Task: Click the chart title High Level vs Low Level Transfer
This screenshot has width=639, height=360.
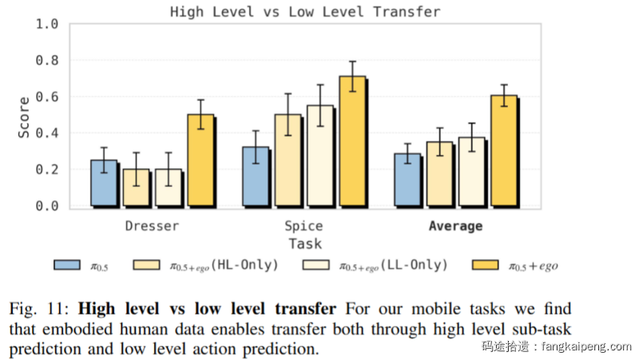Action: [305, 12]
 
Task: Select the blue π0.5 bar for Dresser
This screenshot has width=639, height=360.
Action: [103, 183]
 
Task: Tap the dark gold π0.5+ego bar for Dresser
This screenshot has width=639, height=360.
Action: [200, 160]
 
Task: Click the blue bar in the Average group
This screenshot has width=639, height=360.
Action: [407, 180]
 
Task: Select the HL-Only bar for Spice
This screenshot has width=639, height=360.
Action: [288, 160]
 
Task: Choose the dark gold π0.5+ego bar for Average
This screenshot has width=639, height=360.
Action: [504, 151]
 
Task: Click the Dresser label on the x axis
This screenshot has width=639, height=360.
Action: [152, 226]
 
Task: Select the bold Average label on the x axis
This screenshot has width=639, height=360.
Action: [455, 226]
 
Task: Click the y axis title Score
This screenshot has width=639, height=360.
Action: [25, 117]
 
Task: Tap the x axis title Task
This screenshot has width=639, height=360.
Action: [305, 244]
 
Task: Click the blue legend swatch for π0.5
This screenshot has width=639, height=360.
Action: [70, 265]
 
